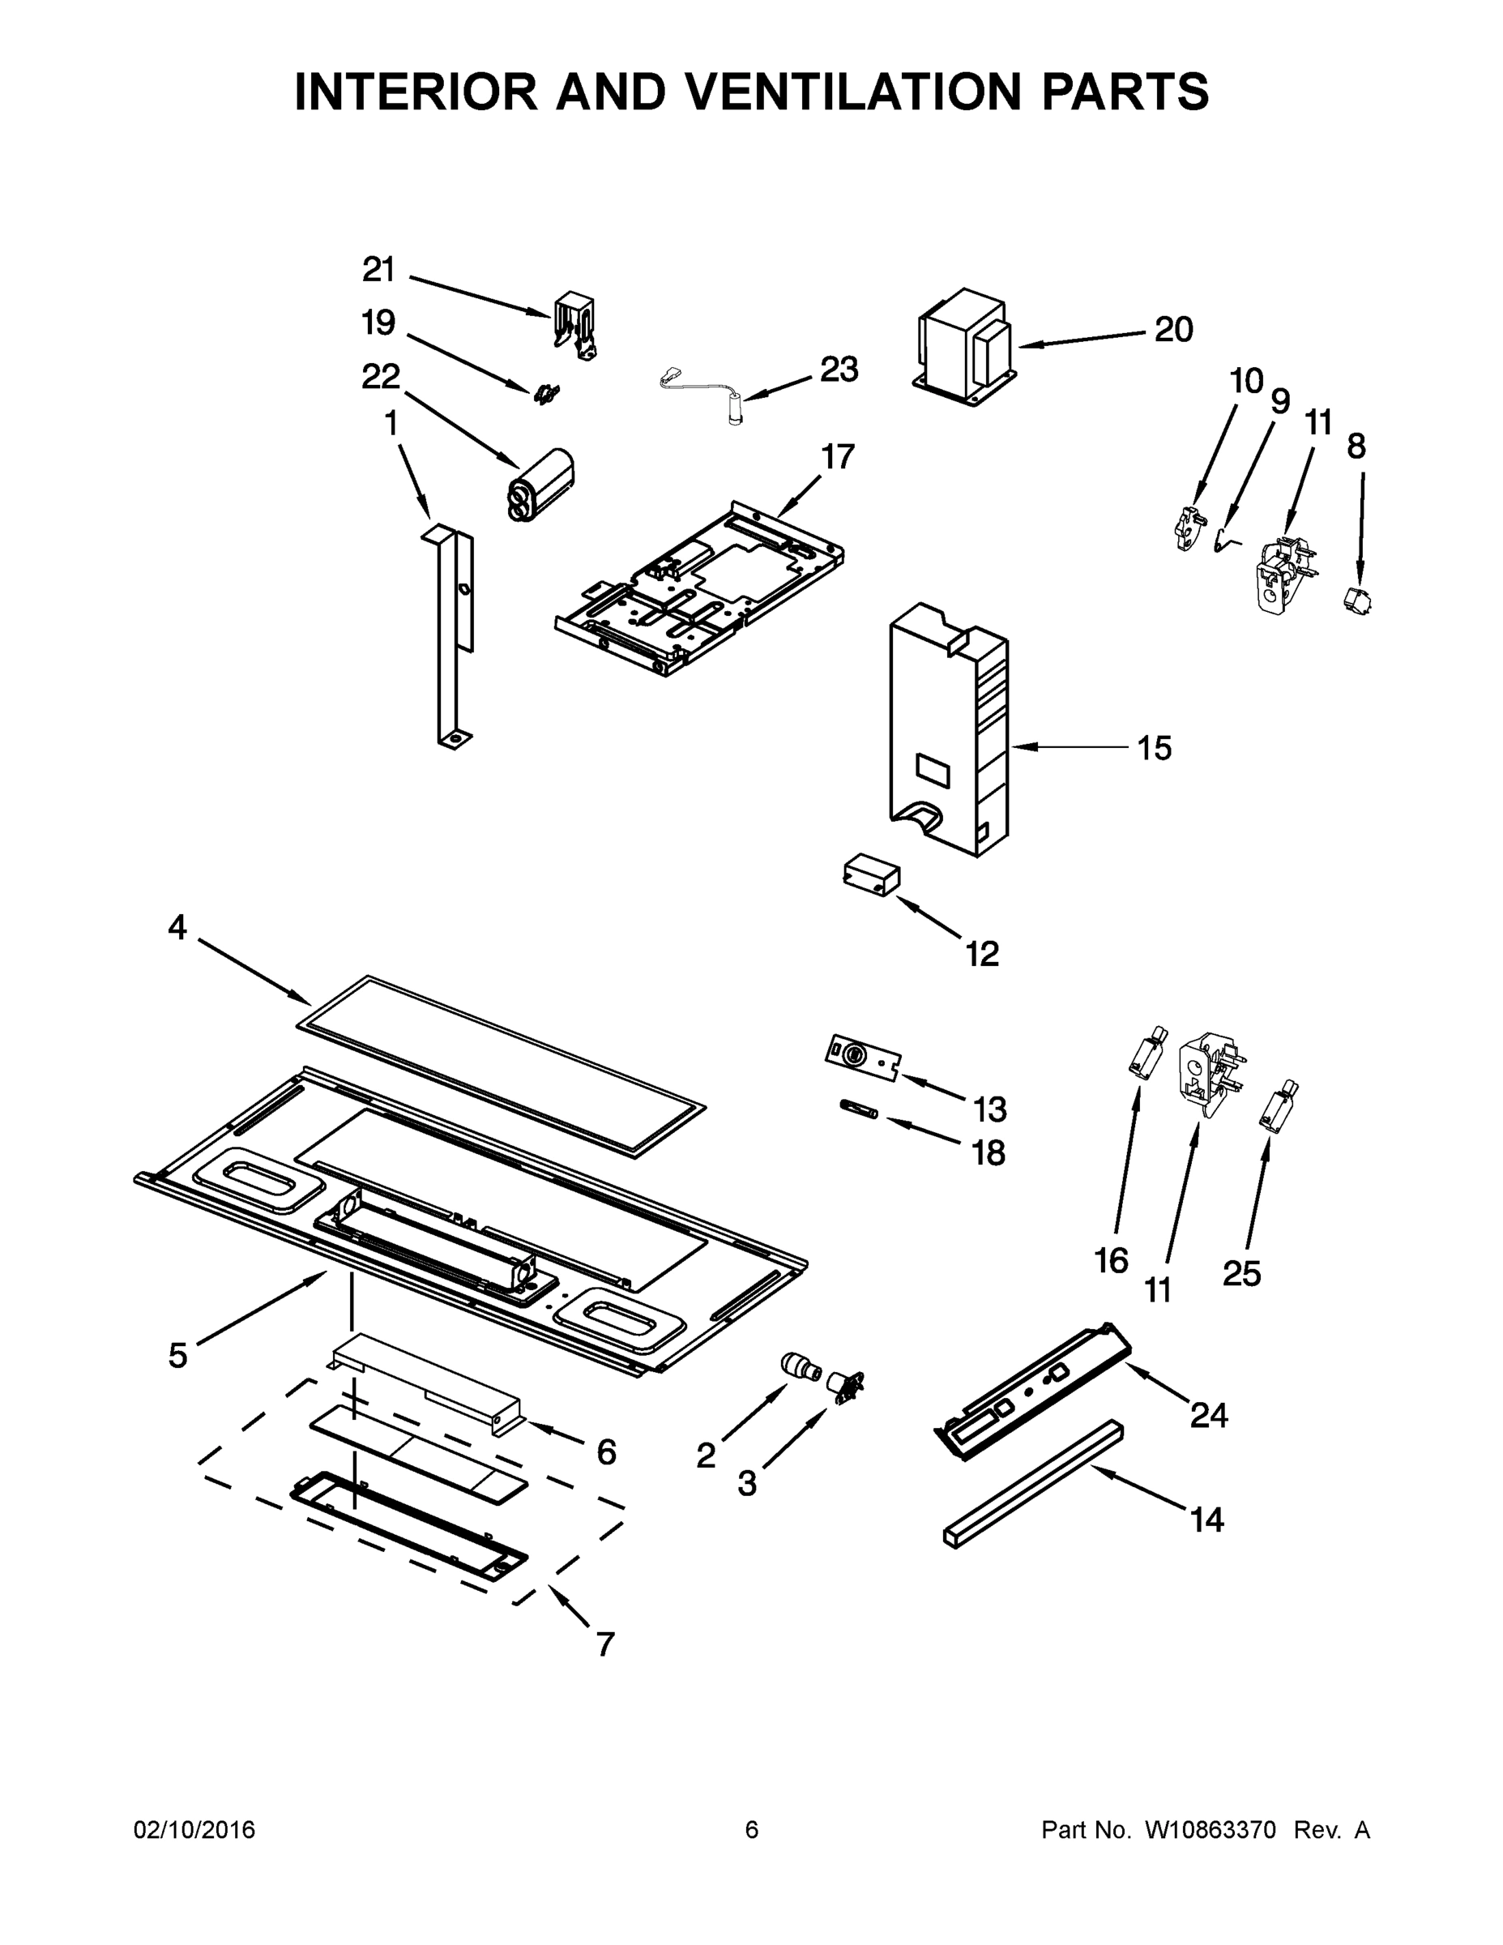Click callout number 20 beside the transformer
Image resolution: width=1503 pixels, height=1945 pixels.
click(x=1173, y=330)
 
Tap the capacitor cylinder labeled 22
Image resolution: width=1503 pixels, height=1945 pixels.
click(x=541, y=485)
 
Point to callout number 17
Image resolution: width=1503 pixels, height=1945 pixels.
click(x=838, y=457)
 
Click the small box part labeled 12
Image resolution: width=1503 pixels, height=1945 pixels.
click(x=871, y=874)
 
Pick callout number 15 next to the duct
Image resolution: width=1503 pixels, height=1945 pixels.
click(x=1154, y=748)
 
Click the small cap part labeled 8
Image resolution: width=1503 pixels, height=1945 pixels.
click(x=1357, y=601)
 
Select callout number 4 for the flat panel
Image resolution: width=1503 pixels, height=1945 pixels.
click(x=177, y=928)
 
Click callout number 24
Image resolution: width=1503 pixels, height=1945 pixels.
click(x=1209, y=1415)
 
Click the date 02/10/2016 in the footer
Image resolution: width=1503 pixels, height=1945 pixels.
click(x=194, y=1829)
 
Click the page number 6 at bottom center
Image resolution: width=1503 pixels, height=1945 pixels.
click(x=752, y=1829)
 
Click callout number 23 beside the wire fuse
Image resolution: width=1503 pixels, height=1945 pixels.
click(x=839, y=369)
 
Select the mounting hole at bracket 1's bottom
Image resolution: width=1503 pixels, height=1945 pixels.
click(x=454, y=738)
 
